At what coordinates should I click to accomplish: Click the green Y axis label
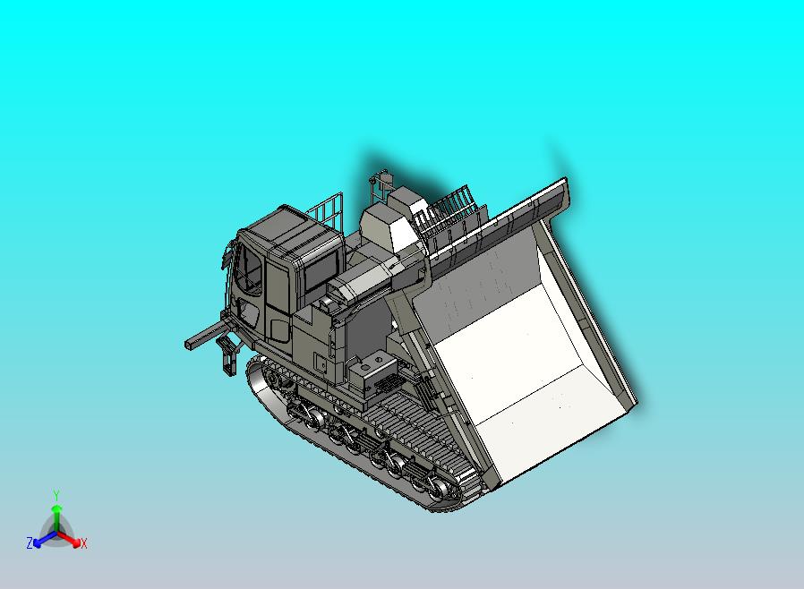coord(56,495)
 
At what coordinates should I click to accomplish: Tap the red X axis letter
coord(83,543)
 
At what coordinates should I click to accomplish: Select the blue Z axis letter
coord(30,543)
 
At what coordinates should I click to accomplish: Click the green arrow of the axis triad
coord(56,514)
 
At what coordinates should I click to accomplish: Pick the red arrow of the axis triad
coord(71,539)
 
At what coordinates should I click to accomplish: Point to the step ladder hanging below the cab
coord(225,357)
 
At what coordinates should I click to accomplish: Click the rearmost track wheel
coord(440,489)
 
